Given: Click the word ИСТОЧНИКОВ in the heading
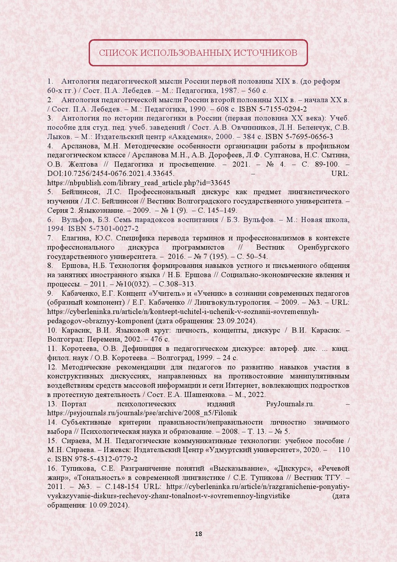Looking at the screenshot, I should pos(265,53).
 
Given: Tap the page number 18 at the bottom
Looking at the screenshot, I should pos(199,534).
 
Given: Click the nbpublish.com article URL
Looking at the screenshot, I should pos(139,183).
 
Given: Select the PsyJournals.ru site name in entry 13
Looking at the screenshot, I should pos(290,404).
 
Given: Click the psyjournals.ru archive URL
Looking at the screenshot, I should pos(142,413).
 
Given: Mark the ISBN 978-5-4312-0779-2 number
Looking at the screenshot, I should pos(96,459).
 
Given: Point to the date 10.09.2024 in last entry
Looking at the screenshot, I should pos(108,506).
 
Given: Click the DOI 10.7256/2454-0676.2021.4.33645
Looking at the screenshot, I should pos(111,174).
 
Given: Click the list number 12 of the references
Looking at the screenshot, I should pos(52,367).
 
